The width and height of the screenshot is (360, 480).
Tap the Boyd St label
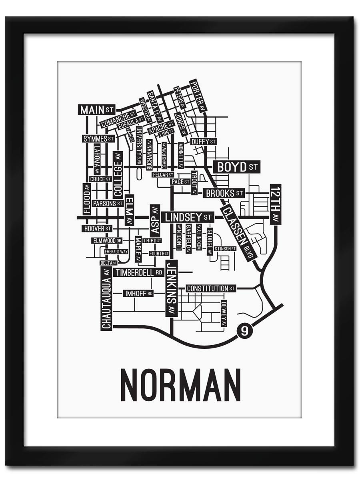coord(236,167)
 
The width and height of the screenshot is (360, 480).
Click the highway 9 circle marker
coord(245,331)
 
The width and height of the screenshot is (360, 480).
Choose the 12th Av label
coord(276,204)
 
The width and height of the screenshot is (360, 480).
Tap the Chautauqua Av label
coord(106,298)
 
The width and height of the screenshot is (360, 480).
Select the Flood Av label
coord(87,199)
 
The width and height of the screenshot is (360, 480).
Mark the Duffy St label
coord(203,142)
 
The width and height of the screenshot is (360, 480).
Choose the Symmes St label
coord(98,138)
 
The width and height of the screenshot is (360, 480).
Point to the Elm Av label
coord(129,210)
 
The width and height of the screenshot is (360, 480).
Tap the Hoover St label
coord(97,228)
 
